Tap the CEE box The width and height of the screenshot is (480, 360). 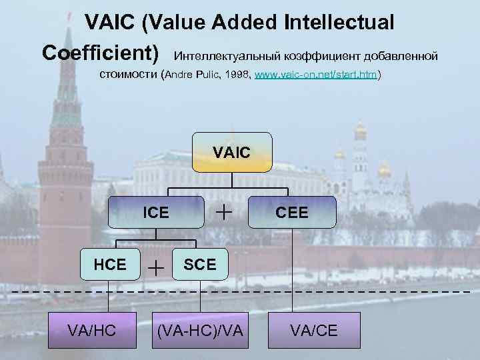point(292,213)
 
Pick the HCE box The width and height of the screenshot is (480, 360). point(110,264)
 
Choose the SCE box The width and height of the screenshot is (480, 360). point(199,264)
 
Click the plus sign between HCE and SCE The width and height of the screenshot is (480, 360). point(156,267)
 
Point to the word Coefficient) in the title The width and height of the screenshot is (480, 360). point(101,52)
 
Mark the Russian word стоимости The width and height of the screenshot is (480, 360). point(129,74)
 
